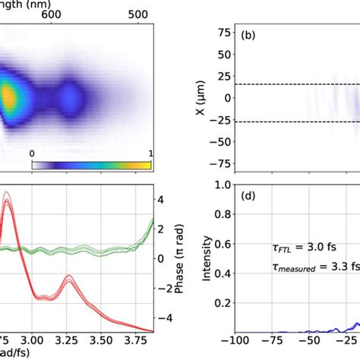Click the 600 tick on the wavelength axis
(71, 14)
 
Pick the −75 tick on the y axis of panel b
(220, 163)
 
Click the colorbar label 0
(32, 153)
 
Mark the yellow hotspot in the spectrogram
(8, 97)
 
